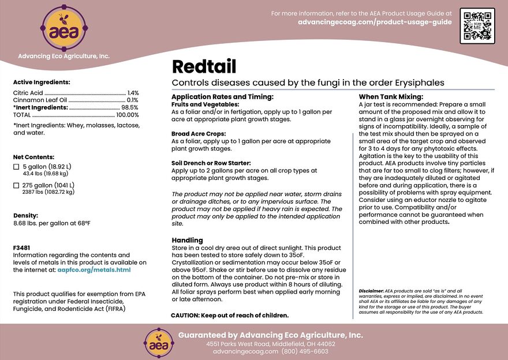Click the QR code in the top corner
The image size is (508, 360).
pyautogui.click(x=477, y=26)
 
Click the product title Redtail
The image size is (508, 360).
pyautogui.click(x=204, y=66)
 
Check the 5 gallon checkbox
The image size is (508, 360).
pyautogui.click(x=16, y=167)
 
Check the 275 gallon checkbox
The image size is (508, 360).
pyautogui.click(x=16, y=185)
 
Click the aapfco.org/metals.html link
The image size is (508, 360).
pyautogui.click(x=90, y=269)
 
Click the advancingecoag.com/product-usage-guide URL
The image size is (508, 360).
pyautogui.click(x=375, y=22)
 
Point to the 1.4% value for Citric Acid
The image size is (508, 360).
pyautogui.click(x=133, y=93)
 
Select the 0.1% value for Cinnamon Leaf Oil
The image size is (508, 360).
pyautogui.click(x=133, y=100)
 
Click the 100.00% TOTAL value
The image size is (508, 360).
pyautogui.click(x=128, y=115)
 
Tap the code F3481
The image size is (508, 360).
pyautogui.click(x=21, y=247)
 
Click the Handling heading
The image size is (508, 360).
pyautogui.click(x=187, y=240)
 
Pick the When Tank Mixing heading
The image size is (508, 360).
pyautogui.click(x=391, y=96)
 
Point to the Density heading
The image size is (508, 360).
pyautogui.click(x=25, y=215)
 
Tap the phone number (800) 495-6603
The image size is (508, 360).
pyautogui.click(x=305, y=351)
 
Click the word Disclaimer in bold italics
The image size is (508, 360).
pyautogui.click(x=371, y=290)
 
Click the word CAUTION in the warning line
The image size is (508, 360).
pyautogui.click(x=185, y=316)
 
